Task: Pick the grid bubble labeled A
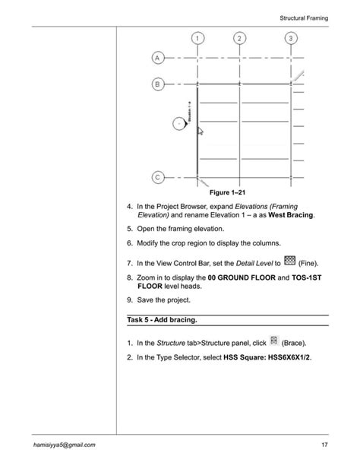coord(156,58)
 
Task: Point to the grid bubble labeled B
coord(156,84)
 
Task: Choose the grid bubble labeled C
coord(156,177)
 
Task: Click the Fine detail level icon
coord(289,262)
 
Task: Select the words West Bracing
coord(289,215)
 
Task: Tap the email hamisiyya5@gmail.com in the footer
coord(64,444)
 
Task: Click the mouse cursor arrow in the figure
coord(201,131)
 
